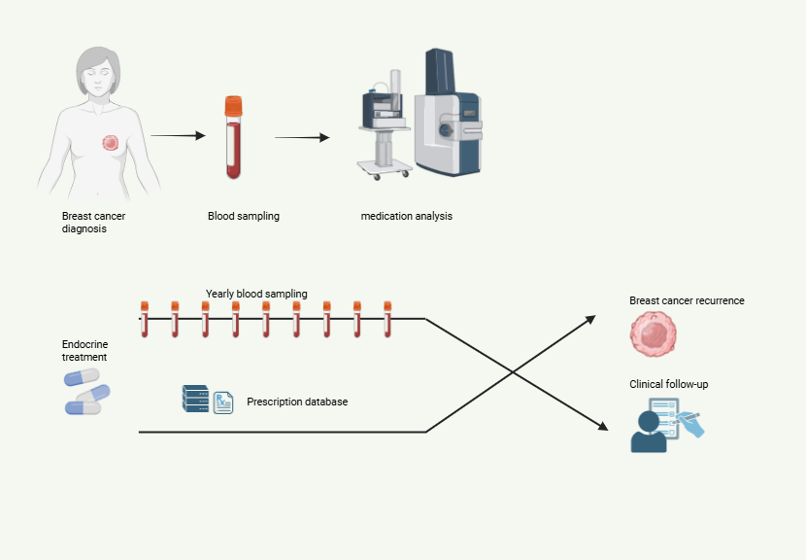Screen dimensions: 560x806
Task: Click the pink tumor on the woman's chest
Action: [x=111, y=143]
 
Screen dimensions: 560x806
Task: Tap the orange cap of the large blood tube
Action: [x=233, y=103]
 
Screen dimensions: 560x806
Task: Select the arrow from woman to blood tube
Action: [x=179, y=136]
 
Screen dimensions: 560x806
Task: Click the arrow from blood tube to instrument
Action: [x=302, y=137]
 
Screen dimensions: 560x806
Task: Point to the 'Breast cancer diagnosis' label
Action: [x=92, y=223]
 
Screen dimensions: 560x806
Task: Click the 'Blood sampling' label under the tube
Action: [x=244, y=216]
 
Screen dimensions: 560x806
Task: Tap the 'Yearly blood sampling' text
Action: [x=256, y=294]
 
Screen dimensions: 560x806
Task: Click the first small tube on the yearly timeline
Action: [x=144, y=318]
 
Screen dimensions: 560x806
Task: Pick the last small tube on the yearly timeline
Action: [x=387, y=318]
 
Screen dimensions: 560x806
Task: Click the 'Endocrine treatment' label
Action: [x=84, y=350]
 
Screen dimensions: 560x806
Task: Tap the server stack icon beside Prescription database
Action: [x=195, y=399]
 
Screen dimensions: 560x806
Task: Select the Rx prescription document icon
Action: [x=223, y=402]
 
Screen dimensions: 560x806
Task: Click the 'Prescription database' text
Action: [x=297, y=401]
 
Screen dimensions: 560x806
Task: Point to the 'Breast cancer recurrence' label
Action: [x=687, y=300]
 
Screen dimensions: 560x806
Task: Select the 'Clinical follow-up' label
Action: [x=669, y=384]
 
